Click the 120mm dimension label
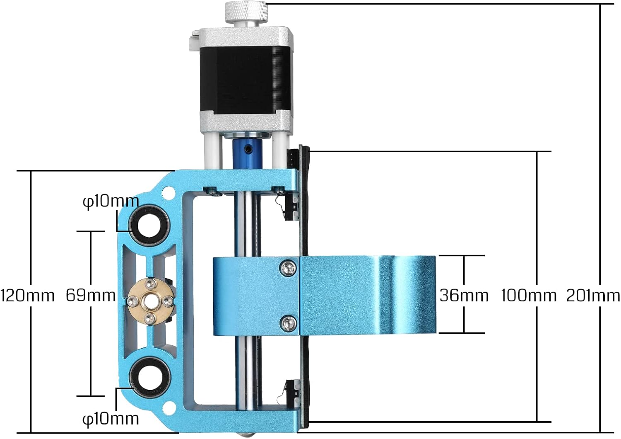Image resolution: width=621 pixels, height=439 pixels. (28, 296)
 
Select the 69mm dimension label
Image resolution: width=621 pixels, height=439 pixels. (91, 295)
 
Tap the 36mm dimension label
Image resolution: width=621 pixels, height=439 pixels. (464, 295)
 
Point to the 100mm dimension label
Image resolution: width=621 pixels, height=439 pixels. (529, 296)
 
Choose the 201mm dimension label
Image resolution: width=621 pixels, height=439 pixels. (593, 296)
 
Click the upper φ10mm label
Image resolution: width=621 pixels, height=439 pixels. (111, 201)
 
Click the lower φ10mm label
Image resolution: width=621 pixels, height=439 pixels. (111, 418)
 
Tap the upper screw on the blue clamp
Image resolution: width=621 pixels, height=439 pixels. (288, 267)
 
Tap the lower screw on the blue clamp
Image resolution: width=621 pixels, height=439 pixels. (288, 322)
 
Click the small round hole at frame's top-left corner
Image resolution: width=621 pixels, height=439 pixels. (167, 192)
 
